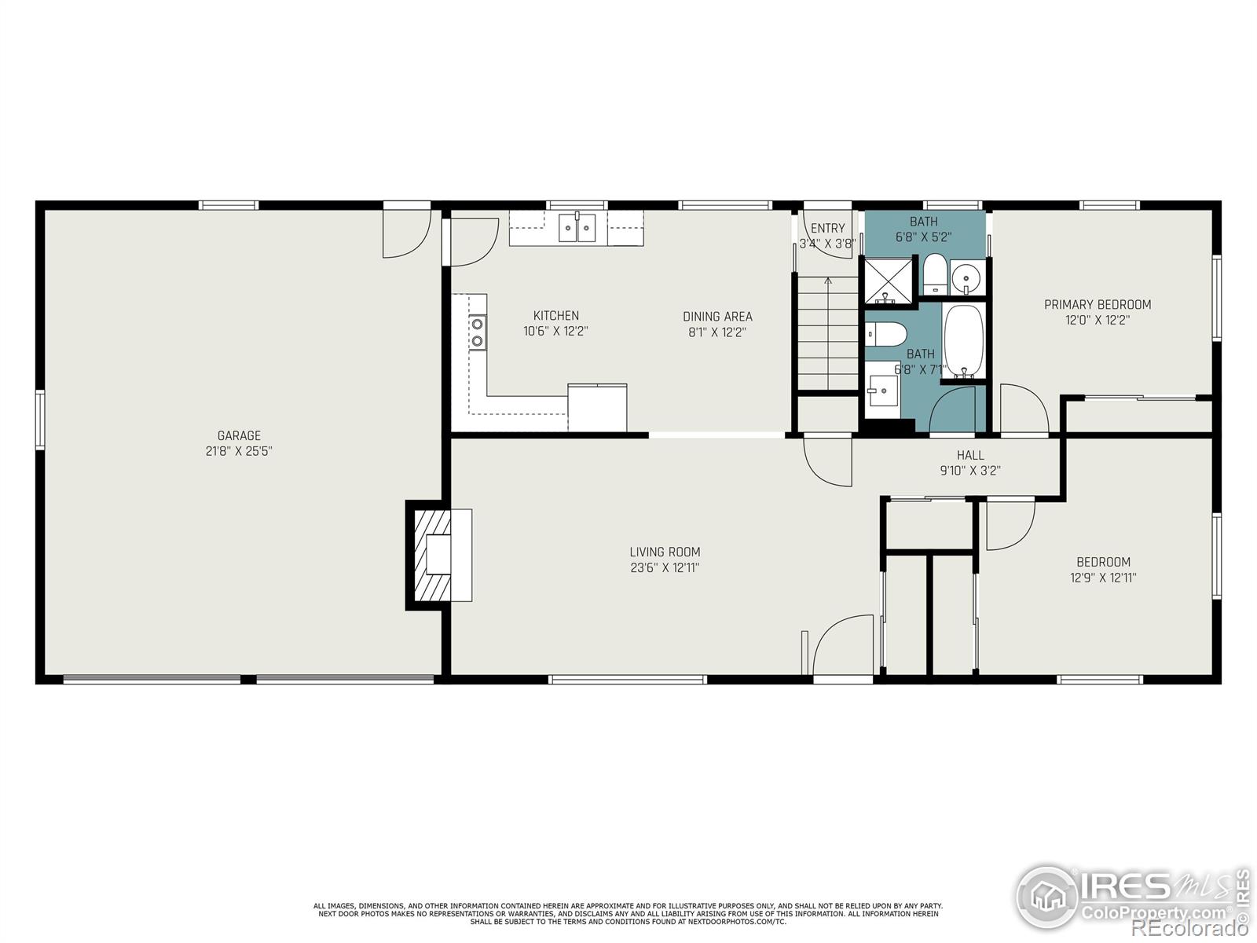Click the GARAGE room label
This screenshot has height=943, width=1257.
click(239, 435)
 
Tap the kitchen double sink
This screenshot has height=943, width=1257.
click(577, 227)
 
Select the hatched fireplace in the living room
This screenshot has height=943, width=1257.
click(432, 555)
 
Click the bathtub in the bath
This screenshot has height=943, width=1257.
click(963, 341)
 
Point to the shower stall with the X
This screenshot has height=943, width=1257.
click(888, 281)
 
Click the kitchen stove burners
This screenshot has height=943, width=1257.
click(477, 332)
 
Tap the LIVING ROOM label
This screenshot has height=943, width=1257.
click(665, 552)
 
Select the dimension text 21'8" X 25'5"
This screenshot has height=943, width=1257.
click(239, 451)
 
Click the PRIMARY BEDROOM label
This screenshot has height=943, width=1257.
click(1098, 305)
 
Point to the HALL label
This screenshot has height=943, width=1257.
click(970, 455)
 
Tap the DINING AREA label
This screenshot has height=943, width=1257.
click(717, 317)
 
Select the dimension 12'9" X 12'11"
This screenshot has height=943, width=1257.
click(1103, 578)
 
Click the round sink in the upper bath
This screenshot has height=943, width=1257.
click(967, 278)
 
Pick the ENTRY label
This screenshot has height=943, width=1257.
click(827, 229)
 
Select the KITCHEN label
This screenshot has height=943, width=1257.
click(555, 315)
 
